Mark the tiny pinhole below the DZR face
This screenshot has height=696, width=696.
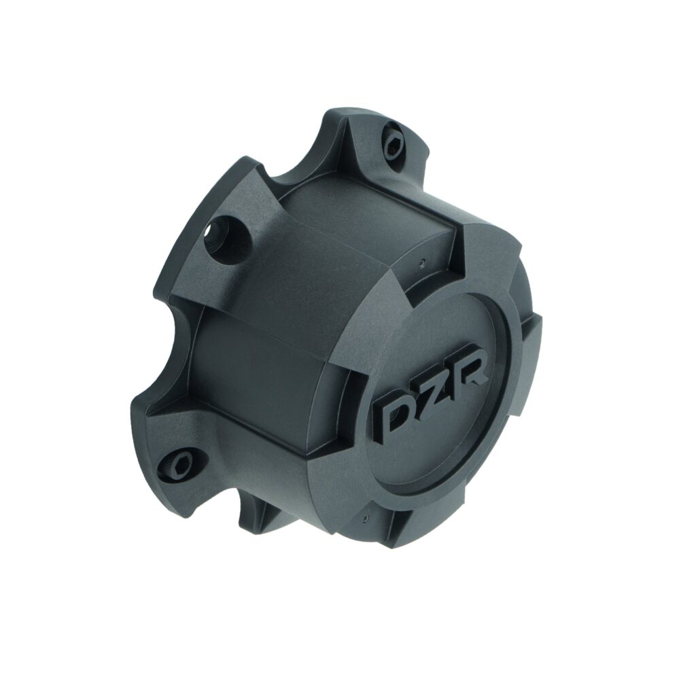pos(366,518)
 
